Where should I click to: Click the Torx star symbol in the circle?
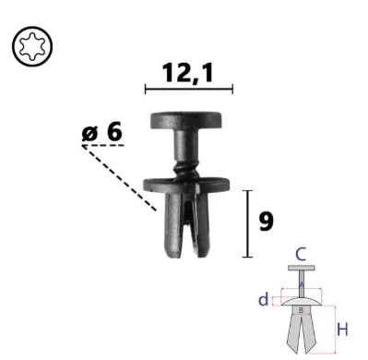click(x=32, y=46)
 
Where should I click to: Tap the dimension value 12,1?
click(x=188, y=73)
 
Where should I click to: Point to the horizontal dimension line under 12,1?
click(x=189, y=90)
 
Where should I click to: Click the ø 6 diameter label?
click(x=102, y=132)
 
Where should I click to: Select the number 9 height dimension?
click(x=266, y=222)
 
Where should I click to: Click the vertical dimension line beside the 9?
click(x=247, y=223)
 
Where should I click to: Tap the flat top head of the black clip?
click(x=186, y=121)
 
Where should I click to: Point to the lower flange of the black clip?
click(x=186, y=185)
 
